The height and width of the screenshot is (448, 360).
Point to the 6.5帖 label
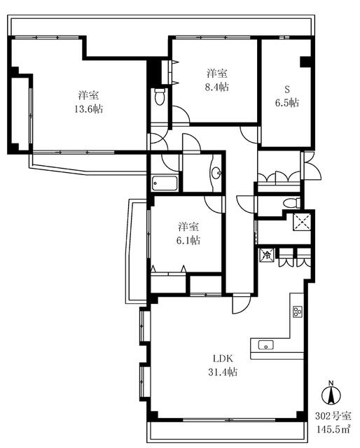286,101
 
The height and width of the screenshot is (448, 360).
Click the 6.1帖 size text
188,240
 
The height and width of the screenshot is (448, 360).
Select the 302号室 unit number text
333,415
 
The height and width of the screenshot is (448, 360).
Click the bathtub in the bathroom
165,185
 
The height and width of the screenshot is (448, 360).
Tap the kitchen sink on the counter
267,344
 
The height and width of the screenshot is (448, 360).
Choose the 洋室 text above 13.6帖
88,95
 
